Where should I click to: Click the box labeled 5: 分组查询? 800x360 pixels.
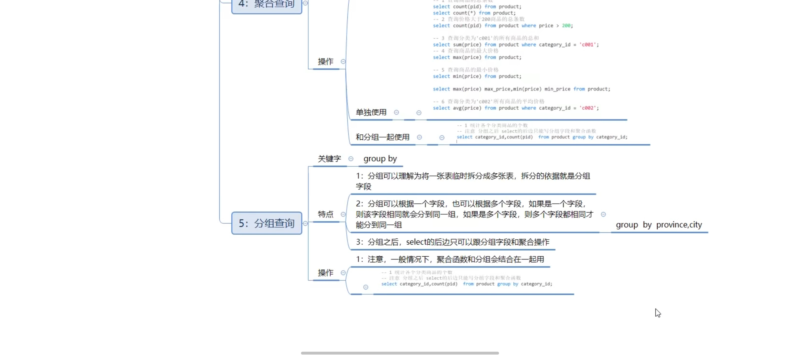click(267, 223)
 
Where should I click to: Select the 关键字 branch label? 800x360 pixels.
click(329, 159)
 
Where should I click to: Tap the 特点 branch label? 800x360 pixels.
click(325, 214)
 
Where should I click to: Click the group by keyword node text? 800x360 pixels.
click(380, 159)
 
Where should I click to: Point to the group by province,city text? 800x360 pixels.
click(659, 225)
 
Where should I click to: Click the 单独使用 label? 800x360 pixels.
click(371, 112)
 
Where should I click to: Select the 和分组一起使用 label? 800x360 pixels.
click(382, 137)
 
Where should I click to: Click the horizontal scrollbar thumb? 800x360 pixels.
click(400, 353)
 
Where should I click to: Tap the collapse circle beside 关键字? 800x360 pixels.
click(351, 159)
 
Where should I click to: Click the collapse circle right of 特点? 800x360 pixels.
click(343, 214)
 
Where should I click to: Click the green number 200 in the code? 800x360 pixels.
click(566, 25)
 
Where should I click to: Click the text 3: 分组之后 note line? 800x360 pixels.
click(452, 242)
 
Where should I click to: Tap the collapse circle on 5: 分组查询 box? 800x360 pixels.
click(305, 223)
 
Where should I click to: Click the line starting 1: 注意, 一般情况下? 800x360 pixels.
click(450, 259)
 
